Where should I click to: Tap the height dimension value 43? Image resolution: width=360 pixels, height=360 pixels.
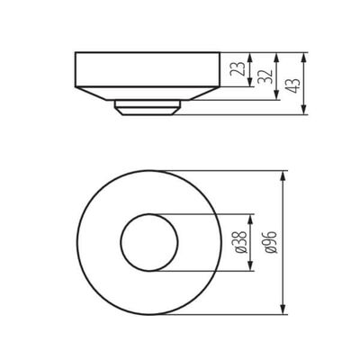(x=293, y=85)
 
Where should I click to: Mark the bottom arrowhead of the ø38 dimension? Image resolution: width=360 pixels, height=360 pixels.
(x=255, y=266)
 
